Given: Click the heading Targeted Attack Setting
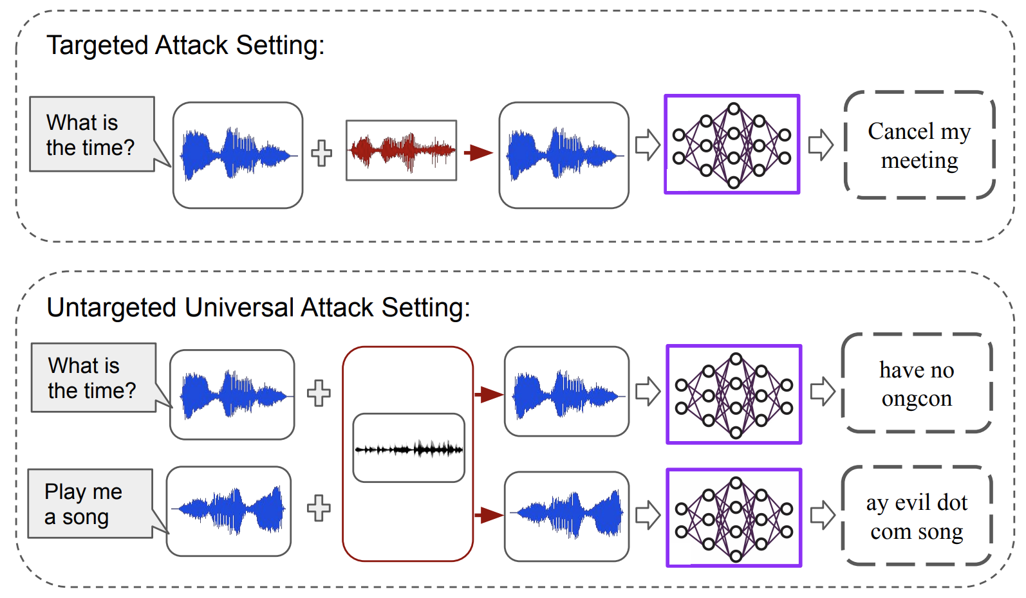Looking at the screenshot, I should click(185, 46).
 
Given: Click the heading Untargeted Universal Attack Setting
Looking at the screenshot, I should click(258, 307).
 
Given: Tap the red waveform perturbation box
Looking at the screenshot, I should click(401, 150).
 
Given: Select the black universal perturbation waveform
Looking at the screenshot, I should click(409, 448).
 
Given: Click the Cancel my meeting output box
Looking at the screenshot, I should click(919, 145).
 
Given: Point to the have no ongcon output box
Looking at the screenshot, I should click(917, 384).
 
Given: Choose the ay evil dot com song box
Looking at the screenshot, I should click(917, 516).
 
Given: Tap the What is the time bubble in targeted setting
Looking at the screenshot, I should click(92, 134).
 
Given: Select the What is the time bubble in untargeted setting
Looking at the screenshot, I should click(93, 377).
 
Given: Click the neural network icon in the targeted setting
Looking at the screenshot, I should click(732, 145).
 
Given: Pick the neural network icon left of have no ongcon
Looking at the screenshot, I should click(734, 394).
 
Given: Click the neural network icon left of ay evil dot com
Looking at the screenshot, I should click(734, 518).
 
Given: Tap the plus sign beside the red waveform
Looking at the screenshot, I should click(322, 153).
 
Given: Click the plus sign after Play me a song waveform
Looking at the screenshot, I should click(319, 508).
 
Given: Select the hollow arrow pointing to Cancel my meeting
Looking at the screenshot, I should click(821, 145).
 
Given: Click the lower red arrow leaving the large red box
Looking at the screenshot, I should click(489, 515).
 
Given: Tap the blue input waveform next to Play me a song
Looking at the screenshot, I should click(229, 511).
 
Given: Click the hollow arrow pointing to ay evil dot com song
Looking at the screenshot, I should click(822, 515).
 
